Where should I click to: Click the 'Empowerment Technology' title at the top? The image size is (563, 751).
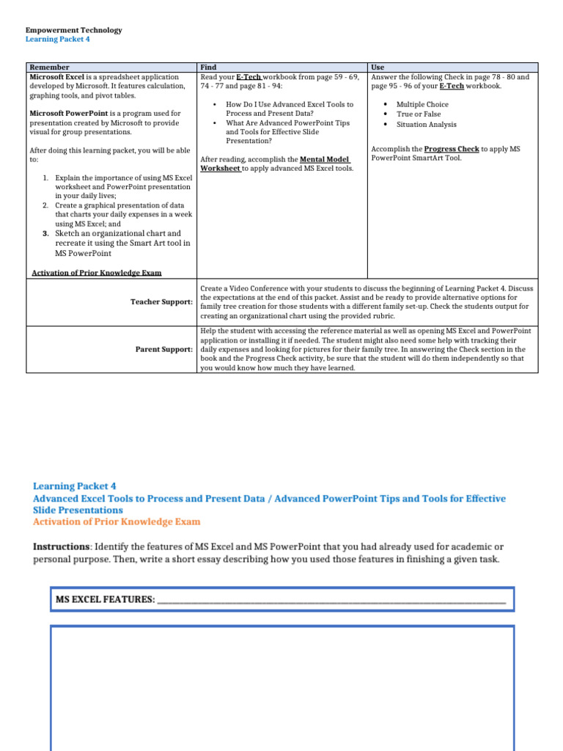pyautogui.click(x=73, y=30)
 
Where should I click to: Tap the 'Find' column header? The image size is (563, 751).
pyautogui.click(x=208, y=67)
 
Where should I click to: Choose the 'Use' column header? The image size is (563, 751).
pyautogui.click(x=378, y=67)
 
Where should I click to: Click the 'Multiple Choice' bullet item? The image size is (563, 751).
pyautogui.click(x=422, y=104)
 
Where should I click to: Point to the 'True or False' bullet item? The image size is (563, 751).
pyautogui.click(x=419, y=114)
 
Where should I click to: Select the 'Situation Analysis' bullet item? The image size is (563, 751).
pyautogui.click(x=426, y=124)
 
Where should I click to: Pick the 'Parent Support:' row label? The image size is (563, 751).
pyautogui.click(x=164, y=349)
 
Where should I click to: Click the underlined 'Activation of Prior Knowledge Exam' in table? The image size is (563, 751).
pyautogui.click(x=97, y=273)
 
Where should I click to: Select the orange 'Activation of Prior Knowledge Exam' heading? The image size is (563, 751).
pyautogui.click(x=117, y=522)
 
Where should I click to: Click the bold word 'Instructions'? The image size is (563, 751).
pyautogui.click(x=62, y=546)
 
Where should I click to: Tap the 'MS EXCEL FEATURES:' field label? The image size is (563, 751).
pyautogui.click(x=106, y=600)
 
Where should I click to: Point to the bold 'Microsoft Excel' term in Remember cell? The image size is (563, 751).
pyautogui.click(x=57, y=77)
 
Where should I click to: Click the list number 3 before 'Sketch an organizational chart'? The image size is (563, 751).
pyautogui.click(x=45, y=234)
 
